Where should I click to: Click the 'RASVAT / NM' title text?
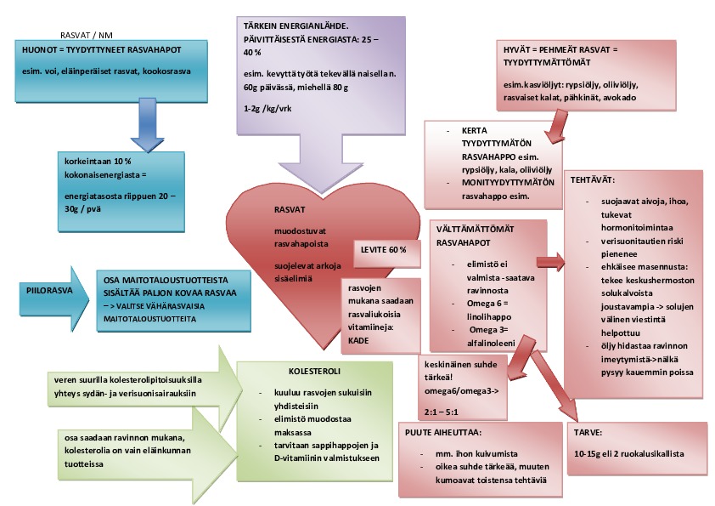(87, 35)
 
